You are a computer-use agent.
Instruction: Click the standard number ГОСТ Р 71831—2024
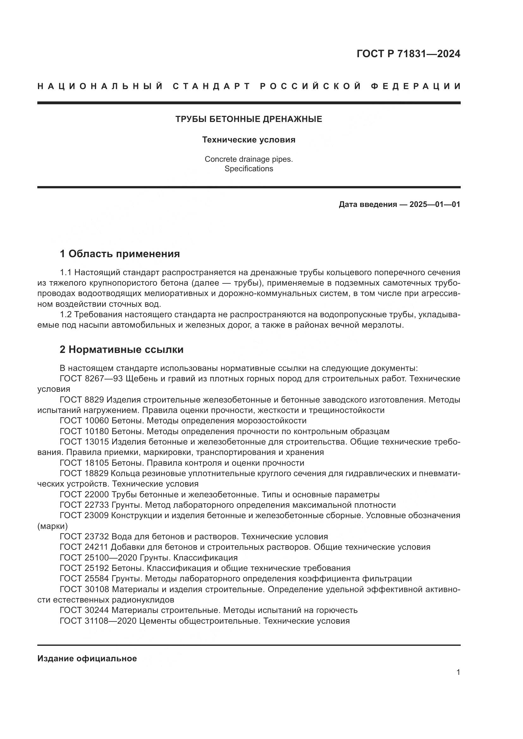click(408, 54)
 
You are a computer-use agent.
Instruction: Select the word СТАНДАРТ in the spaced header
click(211, 86)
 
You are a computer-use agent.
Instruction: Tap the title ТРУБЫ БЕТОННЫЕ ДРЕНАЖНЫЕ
click(249, 119)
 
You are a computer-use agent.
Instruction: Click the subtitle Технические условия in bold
click(249, 140)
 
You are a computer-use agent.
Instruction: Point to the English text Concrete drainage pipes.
click(249, 159)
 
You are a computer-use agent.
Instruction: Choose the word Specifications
click(249, 169)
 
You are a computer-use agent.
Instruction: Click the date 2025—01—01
click(435, 204)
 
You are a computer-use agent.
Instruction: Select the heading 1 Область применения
click(120, 254)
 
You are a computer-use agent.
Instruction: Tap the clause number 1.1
click(65, 273)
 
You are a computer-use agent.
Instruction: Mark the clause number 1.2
click(65, 314)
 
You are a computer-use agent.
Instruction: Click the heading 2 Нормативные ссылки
click(121, 349)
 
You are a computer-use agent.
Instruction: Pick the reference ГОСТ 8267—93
click(91, 379)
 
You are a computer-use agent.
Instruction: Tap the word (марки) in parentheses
click(52, 526)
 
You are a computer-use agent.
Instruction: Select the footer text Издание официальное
click(87, 658)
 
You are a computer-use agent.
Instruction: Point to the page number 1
click(458, 672)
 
